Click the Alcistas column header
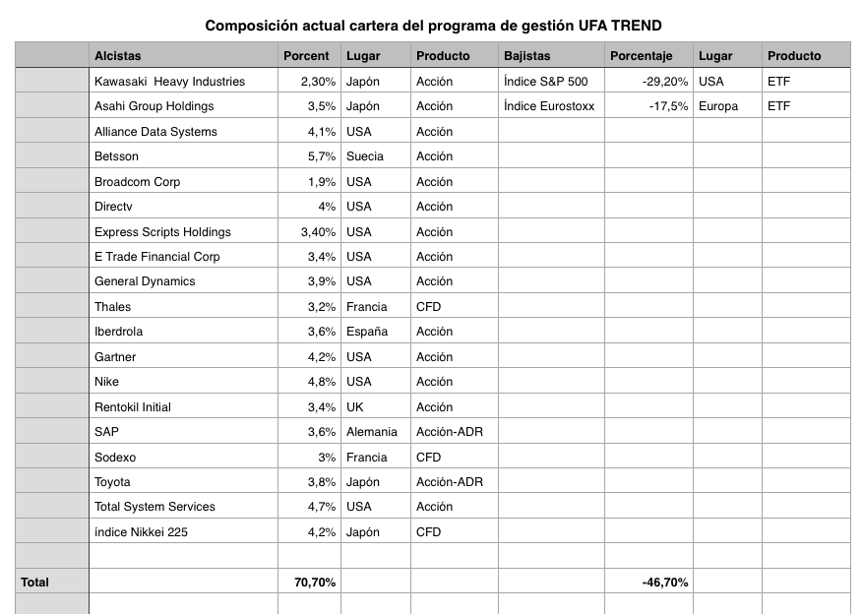pyautogui.click(x=118, y=55)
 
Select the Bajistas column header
pyautogui.click(x=526, y=55)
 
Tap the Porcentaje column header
pyautogui.click(x=642, y=56)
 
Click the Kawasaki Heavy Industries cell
pyautogui.click(x=169, y=82)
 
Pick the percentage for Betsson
pyautogui.click(x=322, y=156)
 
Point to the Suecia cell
pyautogui.click(x=364, y=156)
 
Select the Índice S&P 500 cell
pyautogui.click(x=545, y=82)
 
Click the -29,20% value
pyautogui.click(x=665, y=82)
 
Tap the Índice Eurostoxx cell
pyautogui.click(x=549, y=106)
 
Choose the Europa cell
pyautogui.click(x=718, y=106)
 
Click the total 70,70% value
pyautogui.click(x=315, y=583)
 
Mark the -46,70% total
pyautogui.click(x=665, y=583)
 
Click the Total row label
pyautogui.click(x=34, y=583)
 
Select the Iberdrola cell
pyautogui.click(x=118, y=332)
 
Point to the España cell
pyautogui.click(x=367, y=332)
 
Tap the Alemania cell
pyautogui.click(x=372, y=432)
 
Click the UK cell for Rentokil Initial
pyautogui.click(x=355, y=407)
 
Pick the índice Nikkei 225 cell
pyautogui.click(x=141, y=532)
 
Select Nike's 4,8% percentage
pyautogui.click(x=322, y=382)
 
